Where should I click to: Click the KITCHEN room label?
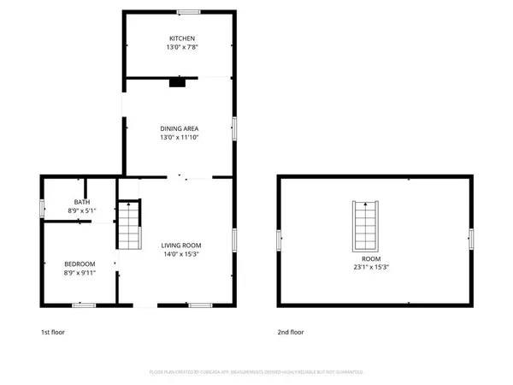point(182,38)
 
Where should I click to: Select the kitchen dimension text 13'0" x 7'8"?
point(182,48)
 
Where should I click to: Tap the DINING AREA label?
point(179,128)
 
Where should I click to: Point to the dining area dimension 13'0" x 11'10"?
point(179,138)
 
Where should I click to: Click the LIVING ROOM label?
point(179,245)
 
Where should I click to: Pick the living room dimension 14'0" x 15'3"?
point(179,254)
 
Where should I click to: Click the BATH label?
point(80,201)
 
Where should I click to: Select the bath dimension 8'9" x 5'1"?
point(80,210)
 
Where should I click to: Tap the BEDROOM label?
point(80,264)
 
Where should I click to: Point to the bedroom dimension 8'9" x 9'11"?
point(80,273)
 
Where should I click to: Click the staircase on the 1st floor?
point(127,225)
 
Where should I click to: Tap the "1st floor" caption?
point(53,332)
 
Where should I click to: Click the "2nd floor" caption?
point(290,332)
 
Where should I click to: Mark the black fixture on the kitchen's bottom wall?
point(177,82)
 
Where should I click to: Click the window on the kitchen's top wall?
point(189,12)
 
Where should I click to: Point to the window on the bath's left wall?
point(41,207)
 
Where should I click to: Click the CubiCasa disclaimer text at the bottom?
point(256,372)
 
